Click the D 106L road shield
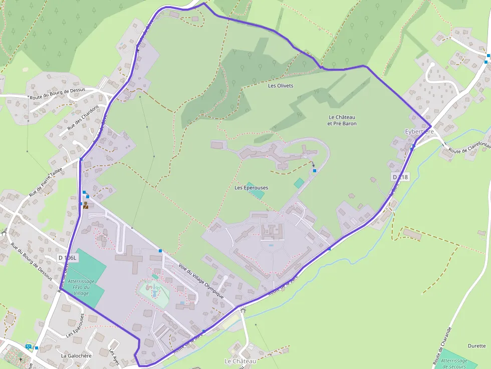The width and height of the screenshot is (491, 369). [x=68, y=258]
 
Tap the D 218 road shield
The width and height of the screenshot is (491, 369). [x=400, y=177]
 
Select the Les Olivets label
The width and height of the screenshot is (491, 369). [x=281, y=86]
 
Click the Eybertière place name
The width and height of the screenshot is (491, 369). [x=419, y=132]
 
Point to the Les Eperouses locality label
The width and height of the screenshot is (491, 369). [x=251, y=188]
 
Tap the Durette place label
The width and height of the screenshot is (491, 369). [x=476, y=346]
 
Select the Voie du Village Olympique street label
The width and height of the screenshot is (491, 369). [x=201, y=281]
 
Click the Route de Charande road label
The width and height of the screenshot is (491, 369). [x=442, y=345]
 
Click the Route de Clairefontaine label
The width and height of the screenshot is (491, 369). [x=469, y=147]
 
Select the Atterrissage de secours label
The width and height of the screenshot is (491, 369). [x=454, y=363]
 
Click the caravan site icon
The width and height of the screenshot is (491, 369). [x=29, y=346]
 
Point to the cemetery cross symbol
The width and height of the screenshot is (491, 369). [x=21, y=359]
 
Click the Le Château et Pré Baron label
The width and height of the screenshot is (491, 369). [x=342, y=120]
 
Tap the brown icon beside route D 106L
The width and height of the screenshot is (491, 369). [x=86, y=205]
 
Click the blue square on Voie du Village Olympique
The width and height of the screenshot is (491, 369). [x=160, y=250]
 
